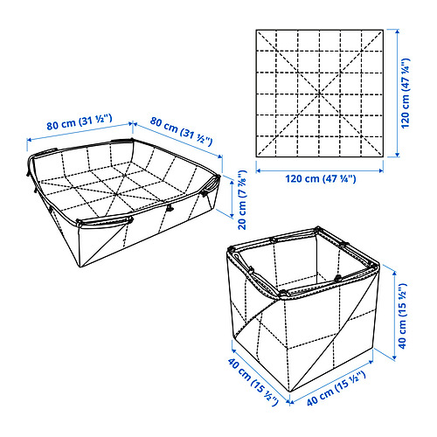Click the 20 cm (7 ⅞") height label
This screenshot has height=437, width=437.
243,200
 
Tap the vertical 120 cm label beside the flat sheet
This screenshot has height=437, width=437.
406,94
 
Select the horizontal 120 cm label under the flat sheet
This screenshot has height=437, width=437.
321,178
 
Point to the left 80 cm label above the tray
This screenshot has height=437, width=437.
80,122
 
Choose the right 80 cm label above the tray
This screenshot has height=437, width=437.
181,131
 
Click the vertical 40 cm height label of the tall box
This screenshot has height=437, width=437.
402,316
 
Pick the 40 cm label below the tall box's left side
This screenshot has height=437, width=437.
253,382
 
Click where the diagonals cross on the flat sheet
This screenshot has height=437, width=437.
320,94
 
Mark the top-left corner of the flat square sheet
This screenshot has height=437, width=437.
256,30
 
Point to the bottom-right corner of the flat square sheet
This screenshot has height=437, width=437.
383,157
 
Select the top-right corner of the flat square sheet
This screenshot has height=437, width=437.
383,30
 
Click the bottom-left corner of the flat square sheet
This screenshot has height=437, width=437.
256,157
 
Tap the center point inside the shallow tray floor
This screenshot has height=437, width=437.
116,194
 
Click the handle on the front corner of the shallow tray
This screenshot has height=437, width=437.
105,221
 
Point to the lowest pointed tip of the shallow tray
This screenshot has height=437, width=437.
80,267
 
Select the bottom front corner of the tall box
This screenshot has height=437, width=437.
289,392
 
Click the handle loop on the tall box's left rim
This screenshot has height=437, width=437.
237,256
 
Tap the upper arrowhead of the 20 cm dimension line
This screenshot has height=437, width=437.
232,182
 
